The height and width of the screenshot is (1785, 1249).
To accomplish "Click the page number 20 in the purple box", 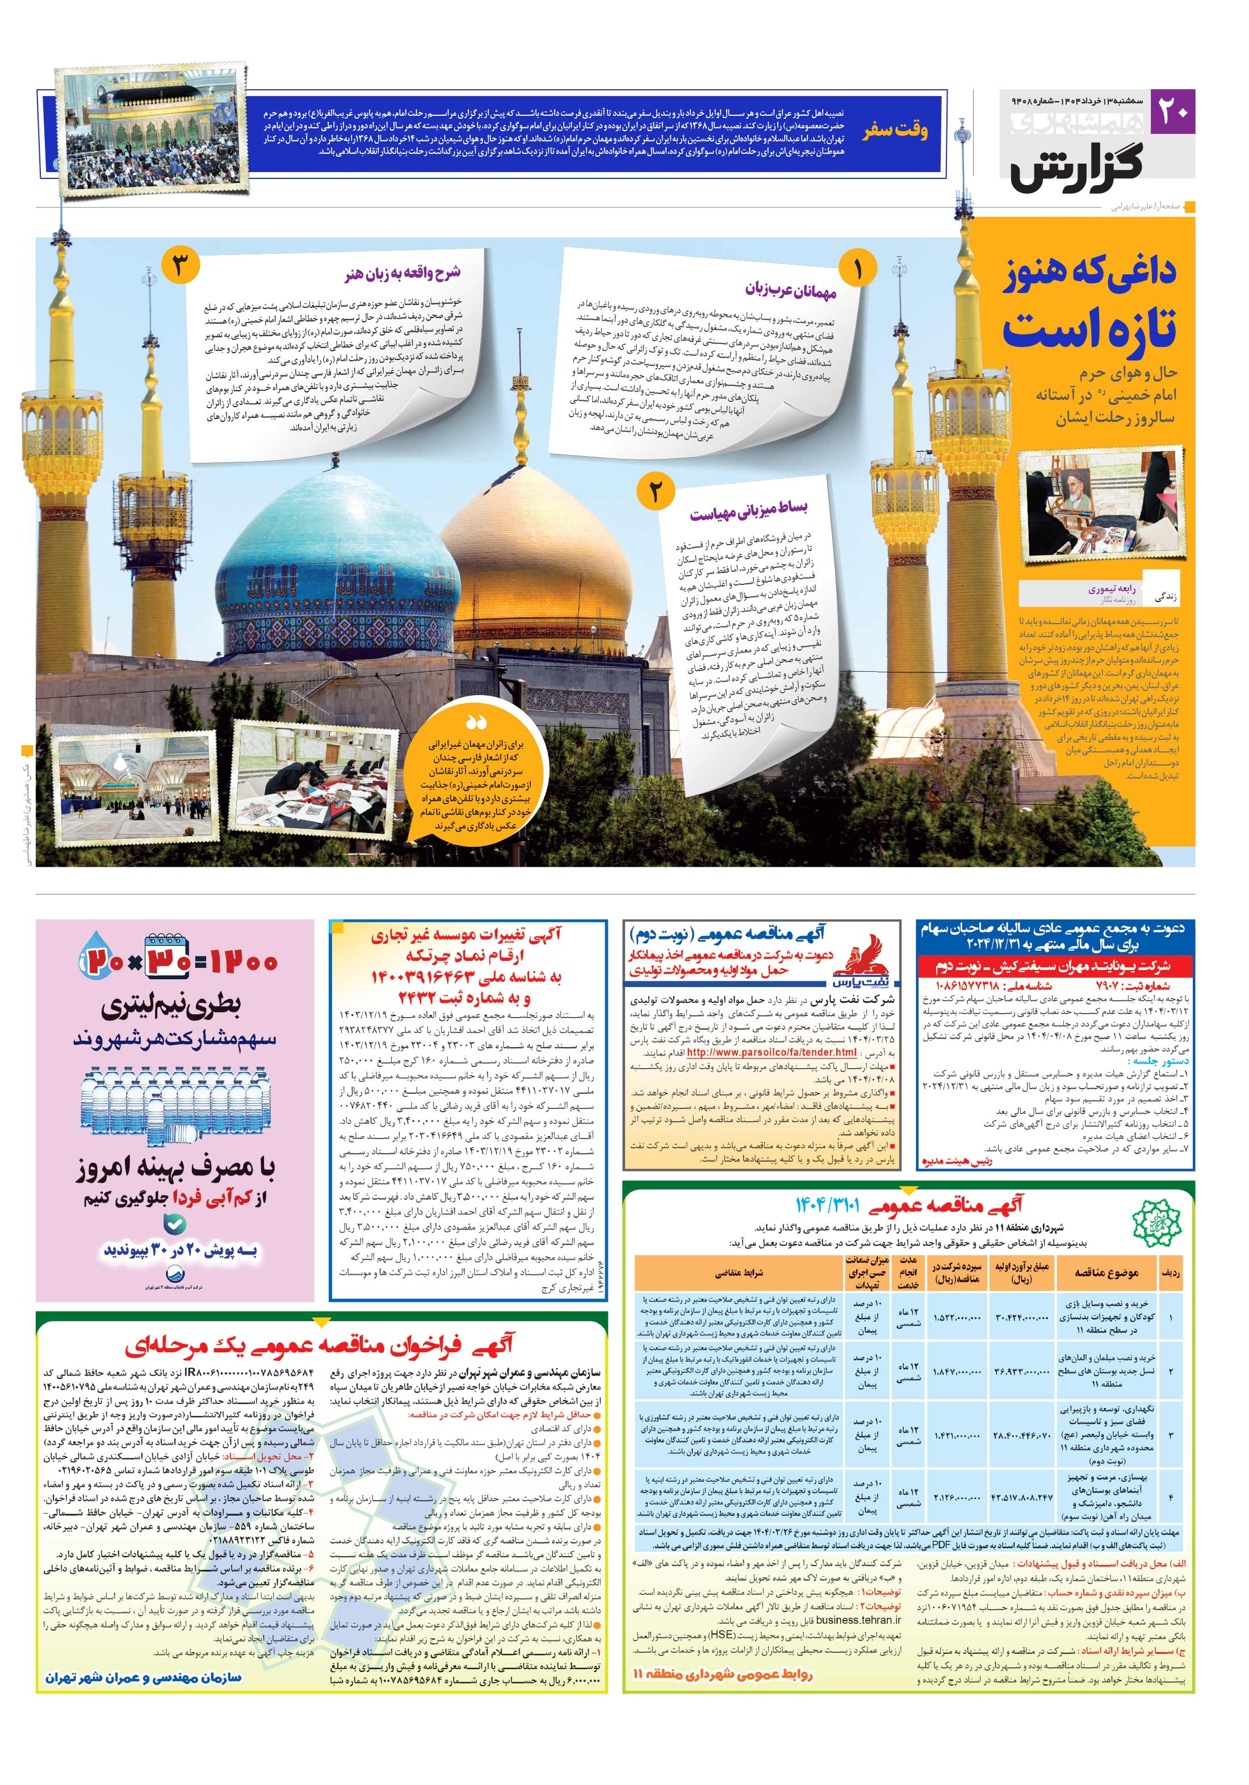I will tap(1172, 111).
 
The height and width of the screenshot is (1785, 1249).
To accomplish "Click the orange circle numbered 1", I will tap(857, 269).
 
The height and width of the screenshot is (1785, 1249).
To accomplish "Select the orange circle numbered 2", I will tap(655, 492).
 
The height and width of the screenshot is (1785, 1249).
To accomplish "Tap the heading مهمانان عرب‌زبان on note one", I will tap(790, 291).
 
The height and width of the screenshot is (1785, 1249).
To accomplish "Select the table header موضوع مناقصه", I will tap(1105, 1273).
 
